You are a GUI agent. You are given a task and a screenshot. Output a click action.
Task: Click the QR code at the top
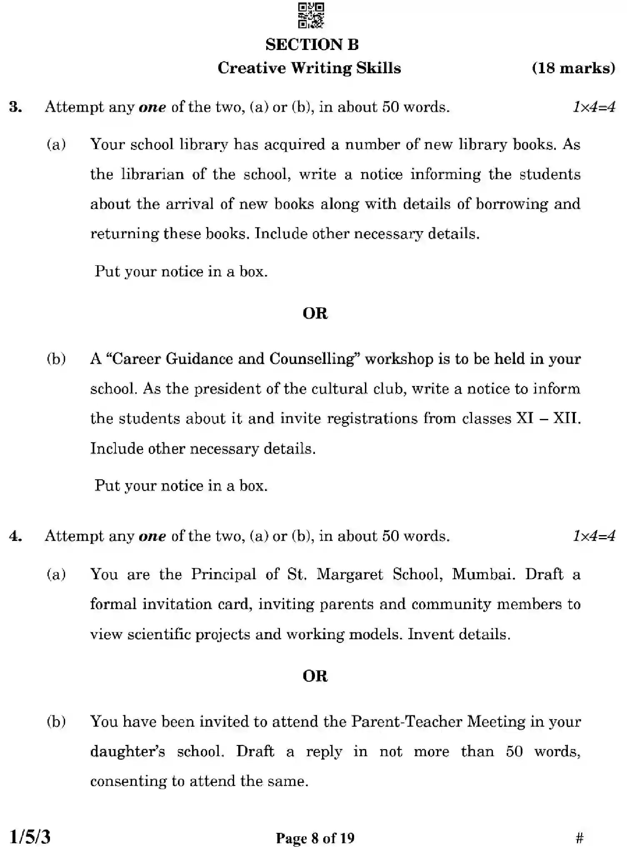tap(311, 15)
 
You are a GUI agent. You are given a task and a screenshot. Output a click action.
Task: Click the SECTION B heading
tap(312, 45)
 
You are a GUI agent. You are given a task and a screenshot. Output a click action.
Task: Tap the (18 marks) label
tap(573, 68)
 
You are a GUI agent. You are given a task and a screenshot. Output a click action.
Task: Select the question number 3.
tap(15, 107)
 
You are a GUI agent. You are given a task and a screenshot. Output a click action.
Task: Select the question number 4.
tap(15, 536)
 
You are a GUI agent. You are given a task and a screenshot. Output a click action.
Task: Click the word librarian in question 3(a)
tap(152, 174)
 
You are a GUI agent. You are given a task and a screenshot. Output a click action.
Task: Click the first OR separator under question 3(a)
tap(315, 314)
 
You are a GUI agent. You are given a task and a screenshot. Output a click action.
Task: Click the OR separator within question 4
tap(315, 676)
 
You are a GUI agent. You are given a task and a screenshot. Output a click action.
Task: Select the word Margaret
tap(349, 575)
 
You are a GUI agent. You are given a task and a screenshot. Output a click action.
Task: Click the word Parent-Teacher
tap(406, 722)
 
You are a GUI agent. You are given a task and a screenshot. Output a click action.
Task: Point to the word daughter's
tap(127, 752)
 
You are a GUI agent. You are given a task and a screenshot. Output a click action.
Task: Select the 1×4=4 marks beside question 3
tap(594, 107)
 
